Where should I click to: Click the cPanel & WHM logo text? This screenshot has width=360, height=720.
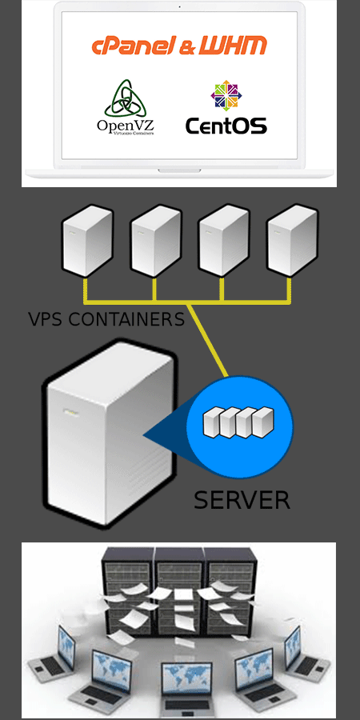click(x=179, y=46)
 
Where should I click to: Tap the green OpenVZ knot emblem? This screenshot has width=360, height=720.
click(x=123, y=98)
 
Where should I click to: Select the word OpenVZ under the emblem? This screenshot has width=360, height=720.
click(x=125, y=125)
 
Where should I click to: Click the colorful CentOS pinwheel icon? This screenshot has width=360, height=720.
click(x=226, y=95)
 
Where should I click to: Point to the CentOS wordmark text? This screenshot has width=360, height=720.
click(x=226, y=126)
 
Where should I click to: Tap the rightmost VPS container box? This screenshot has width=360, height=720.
click(x=291, y=240)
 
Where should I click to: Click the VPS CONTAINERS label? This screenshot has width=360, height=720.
click(x=106, y=319)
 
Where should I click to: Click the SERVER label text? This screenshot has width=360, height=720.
click(x=242, y=500)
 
